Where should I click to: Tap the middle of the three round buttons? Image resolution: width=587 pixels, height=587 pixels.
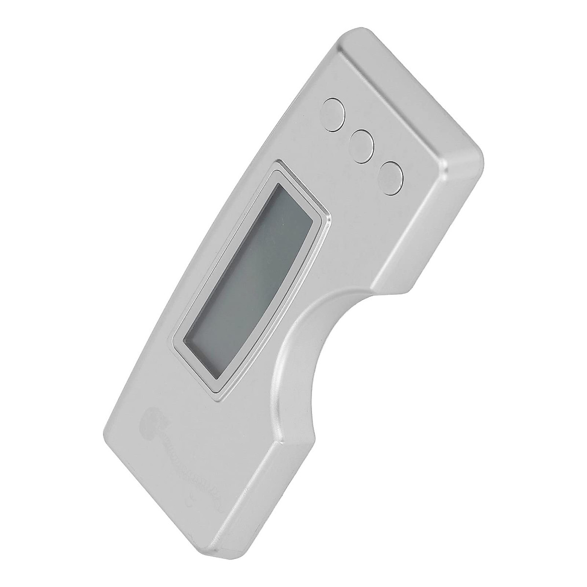[362, 144]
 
